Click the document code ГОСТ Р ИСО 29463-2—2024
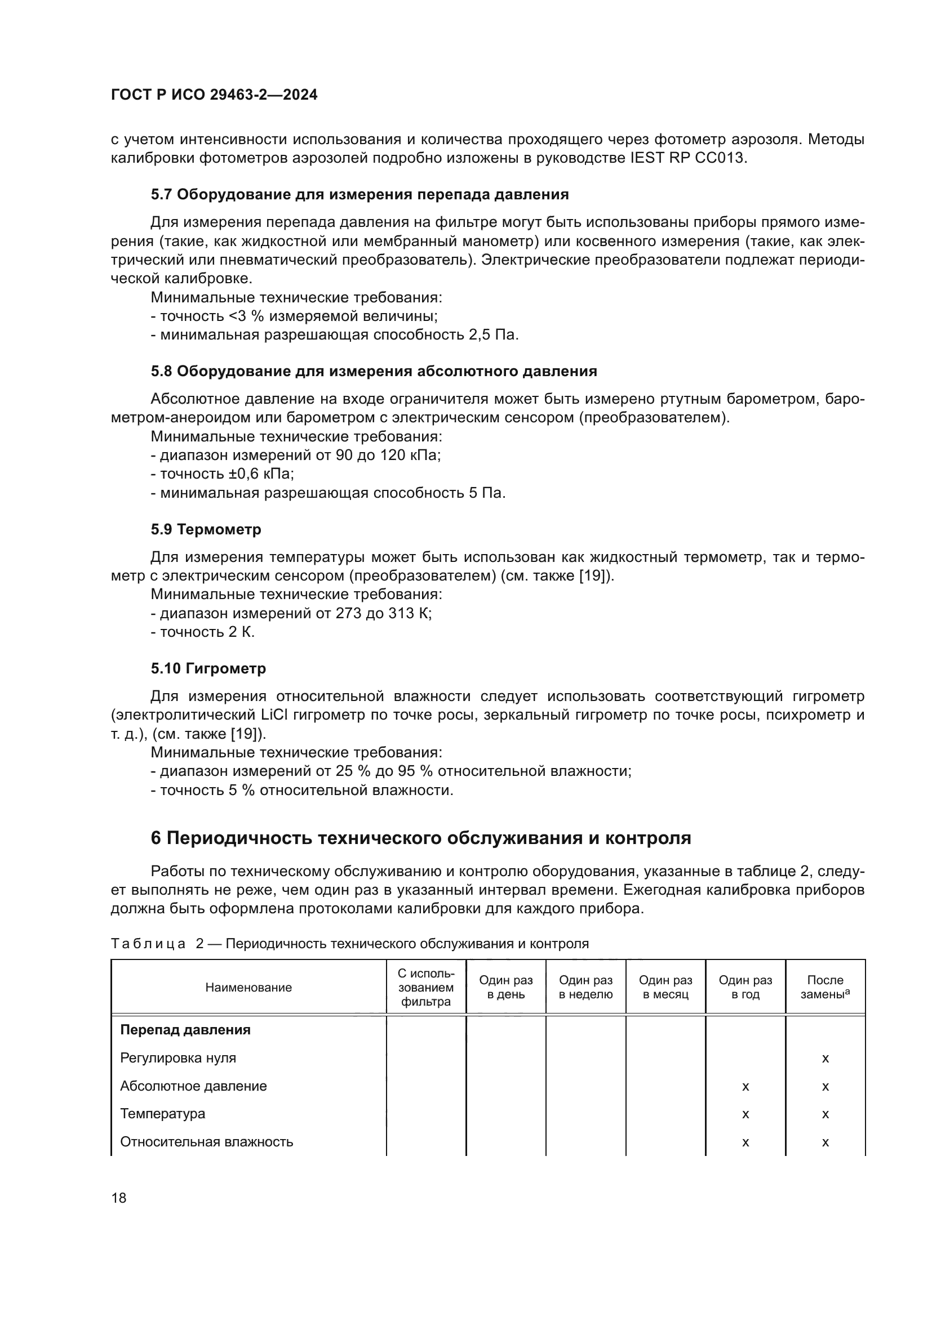click(x=214, y=95)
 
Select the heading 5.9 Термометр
click(x=206, y=529)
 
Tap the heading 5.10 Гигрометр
click(x=208, y=669)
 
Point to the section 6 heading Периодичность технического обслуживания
click(x=421, y=838)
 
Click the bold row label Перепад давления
click(x=185, y=1030)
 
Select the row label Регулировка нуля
click(x=178, y=1058)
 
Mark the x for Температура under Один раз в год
click(x=745, y=1114)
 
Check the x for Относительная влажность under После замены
click(x=826, y=1142)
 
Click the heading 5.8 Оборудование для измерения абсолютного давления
click(x=374, y=372)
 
